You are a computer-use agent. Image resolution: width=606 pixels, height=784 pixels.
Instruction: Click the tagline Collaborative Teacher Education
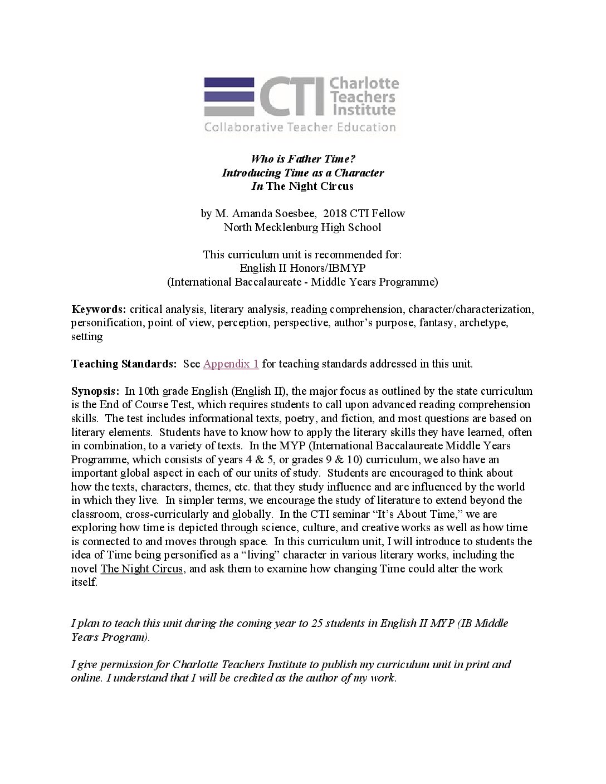coord(300,128)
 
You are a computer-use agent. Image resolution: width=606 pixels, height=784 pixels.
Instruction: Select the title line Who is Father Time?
coord(302,159)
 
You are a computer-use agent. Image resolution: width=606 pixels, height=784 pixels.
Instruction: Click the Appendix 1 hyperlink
coord(231,364)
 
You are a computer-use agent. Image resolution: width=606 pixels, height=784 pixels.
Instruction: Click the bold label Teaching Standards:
coord(124,364)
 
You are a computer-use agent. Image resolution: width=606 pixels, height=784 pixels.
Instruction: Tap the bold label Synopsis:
coord(95,391)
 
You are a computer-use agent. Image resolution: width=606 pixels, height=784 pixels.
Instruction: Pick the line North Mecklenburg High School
coord(302,227)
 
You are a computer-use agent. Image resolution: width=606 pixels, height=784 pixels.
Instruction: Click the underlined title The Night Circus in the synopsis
coord(141,569)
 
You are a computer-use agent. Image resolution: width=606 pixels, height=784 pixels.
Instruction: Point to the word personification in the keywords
coord(106,323)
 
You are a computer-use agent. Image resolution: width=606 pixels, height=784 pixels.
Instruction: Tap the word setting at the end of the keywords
coord(87,337)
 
